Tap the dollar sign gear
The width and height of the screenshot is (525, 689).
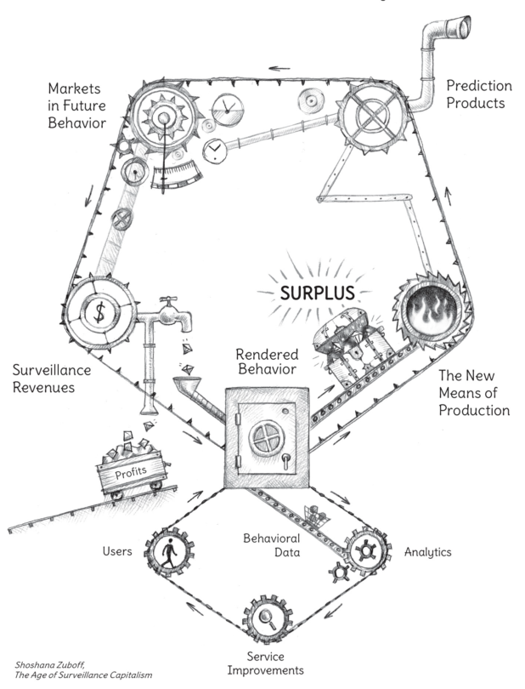(99, 313)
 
